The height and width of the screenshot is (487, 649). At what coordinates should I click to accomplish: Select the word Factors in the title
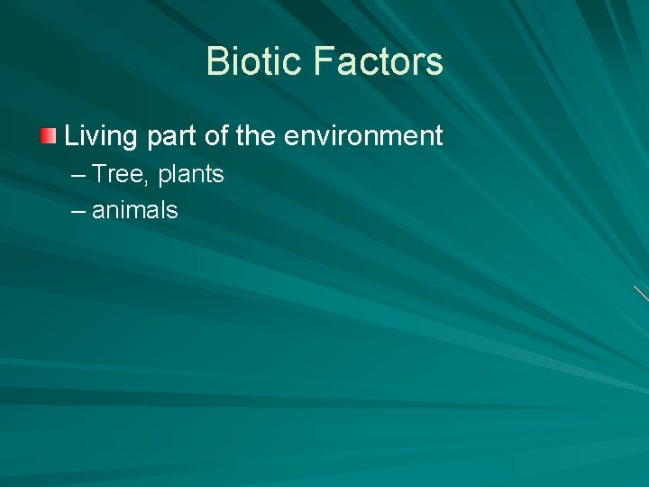(x=379, y=62)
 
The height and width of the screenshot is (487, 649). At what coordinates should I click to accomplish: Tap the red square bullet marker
(x=48, y=137)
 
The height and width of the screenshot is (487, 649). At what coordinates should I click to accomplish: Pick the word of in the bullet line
(x=217, y=136)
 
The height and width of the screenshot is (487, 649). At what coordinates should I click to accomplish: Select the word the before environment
(x=257, y=136)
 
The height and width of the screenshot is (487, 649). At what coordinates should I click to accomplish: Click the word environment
(x=363, y=136)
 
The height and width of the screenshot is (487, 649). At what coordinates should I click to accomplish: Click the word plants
(x=191, y=175)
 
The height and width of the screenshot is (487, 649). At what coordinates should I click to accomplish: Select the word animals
(x=135, y=211)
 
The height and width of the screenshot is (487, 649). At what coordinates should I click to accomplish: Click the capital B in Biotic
(x=216, y=62)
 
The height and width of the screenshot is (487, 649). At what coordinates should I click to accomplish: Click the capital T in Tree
(x=100, y=174)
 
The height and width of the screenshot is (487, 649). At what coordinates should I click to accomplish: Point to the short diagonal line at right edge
(x=641, y=293)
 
